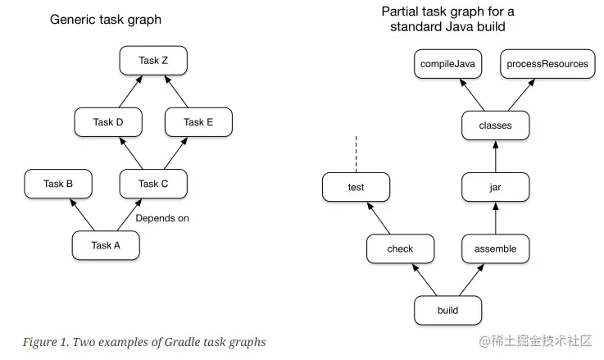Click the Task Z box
153,60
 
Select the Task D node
108,122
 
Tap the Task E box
198,122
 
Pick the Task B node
58,184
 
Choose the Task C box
153,184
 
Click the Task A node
106,245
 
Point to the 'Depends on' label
162,218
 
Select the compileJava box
447,63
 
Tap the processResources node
547,63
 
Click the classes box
495,125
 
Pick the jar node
495,187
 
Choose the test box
356,187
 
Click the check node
401,248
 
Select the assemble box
495,248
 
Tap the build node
447,311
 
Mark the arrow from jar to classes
495,157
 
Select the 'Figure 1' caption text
144,342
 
